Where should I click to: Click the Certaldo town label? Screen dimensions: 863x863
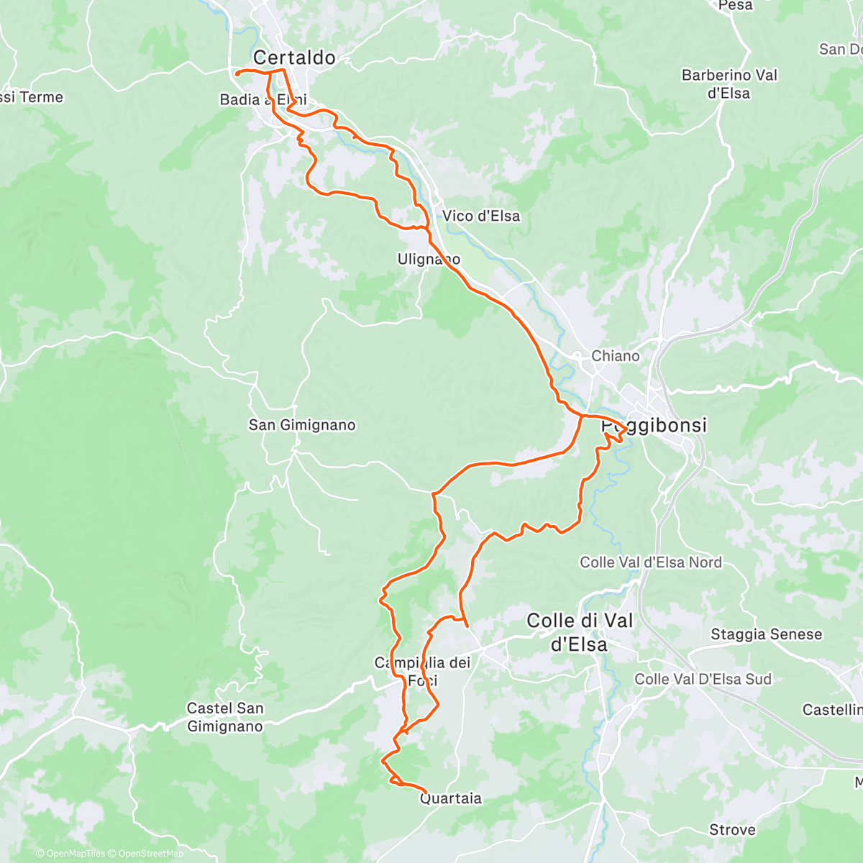pos(294,58)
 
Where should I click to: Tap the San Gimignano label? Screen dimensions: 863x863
pos(302,425)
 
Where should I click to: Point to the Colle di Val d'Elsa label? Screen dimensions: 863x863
pos(580,632)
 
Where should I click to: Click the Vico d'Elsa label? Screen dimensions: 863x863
pos(480,216)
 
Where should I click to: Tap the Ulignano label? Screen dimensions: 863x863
pos(429,259)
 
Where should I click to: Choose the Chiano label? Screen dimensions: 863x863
pos(615,356)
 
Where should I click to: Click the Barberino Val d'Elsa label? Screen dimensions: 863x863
pos(729,84)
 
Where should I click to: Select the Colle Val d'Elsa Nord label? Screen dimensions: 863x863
pos(651,562)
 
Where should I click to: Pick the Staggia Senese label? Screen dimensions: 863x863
pos(766,634)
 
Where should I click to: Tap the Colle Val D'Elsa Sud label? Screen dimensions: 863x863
pos(703,679)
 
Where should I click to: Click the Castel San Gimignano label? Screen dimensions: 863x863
pos(225,717)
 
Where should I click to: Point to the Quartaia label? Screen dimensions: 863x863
pos(451,798)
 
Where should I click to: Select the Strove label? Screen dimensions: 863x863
pos(732,830)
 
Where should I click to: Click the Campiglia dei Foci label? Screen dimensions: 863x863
pos(422,672)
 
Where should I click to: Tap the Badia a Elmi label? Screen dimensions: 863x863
pos(263,99)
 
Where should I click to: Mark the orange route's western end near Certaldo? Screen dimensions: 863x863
pos(237,73)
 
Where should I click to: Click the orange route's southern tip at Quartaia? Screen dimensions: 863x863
pos(426,792)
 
